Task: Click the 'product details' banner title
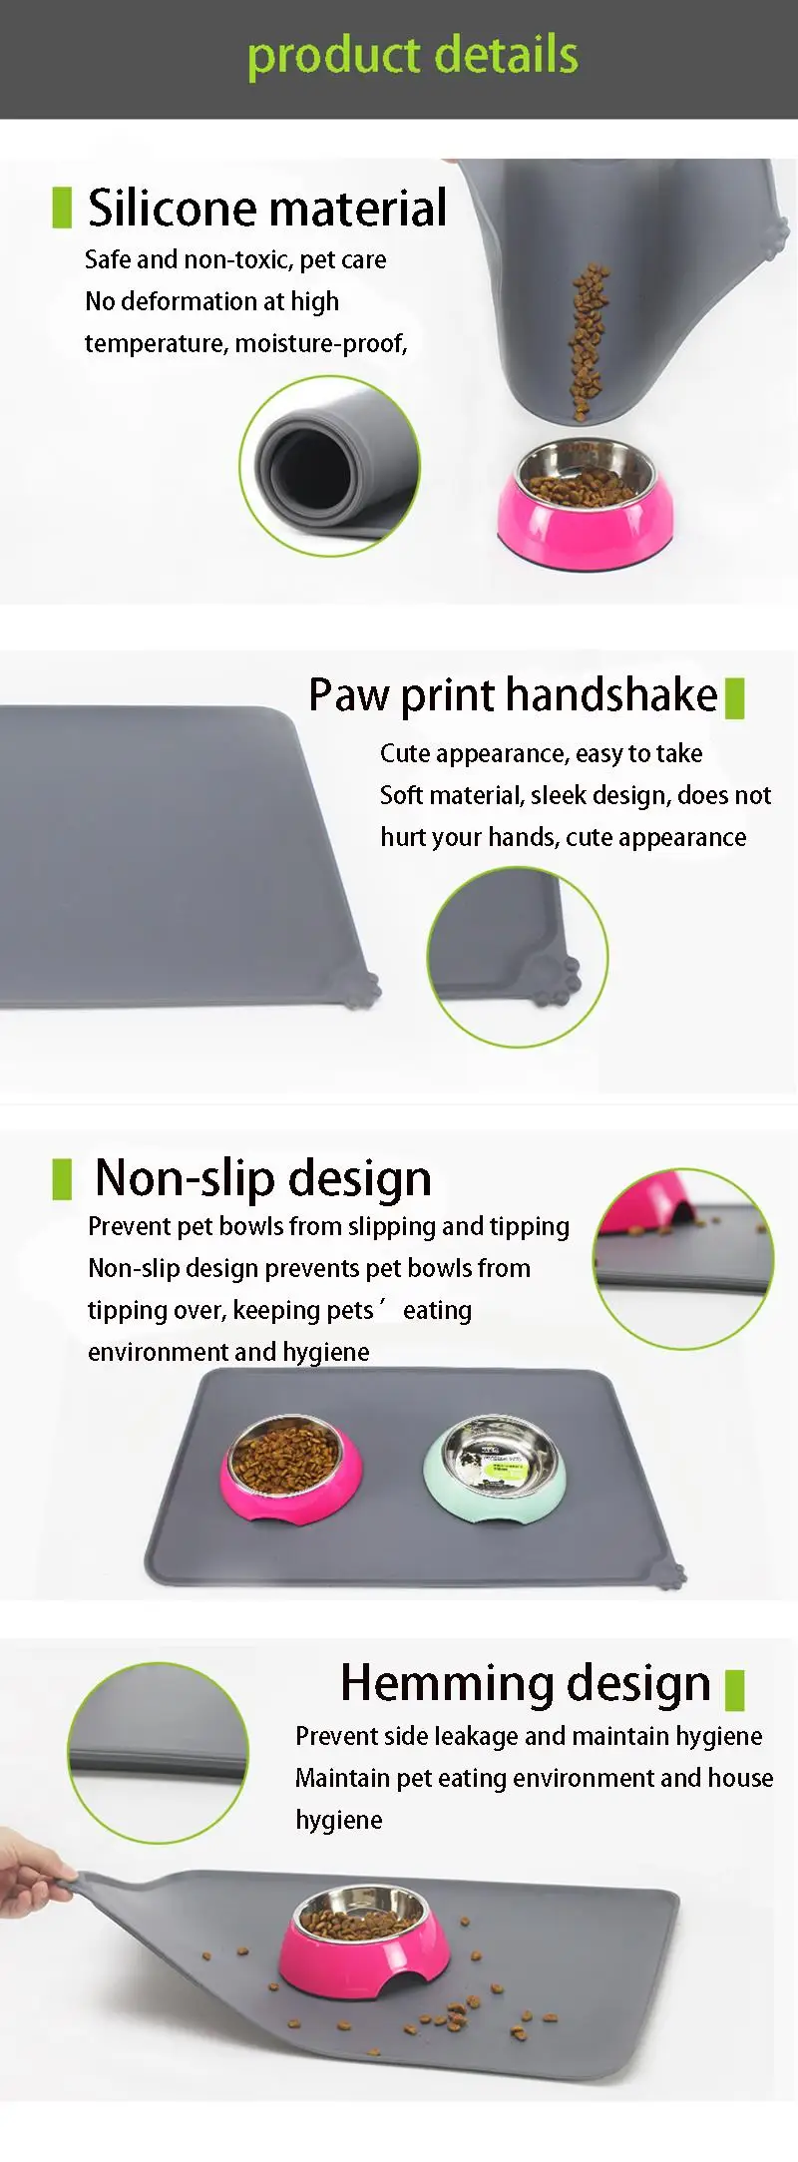click(x=413, y=57)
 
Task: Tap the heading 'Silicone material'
click(x=267, y=208)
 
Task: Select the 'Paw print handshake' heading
click(x=513, y=695)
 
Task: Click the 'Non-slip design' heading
click(x=263, y=1178)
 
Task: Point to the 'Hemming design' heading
click(x=526, y=1683)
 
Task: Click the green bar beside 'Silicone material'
click(x=62, y=208)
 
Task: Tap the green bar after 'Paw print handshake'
click(x=735, y=698)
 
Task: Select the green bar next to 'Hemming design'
click(x=735, y=1690)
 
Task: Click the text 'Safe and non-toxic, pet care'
click(x=235, y=260)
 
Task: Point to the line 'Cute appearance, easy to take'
click(x=541, y=754)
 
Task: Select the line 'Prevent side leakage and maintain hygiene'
click(x=529, y=1737)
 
